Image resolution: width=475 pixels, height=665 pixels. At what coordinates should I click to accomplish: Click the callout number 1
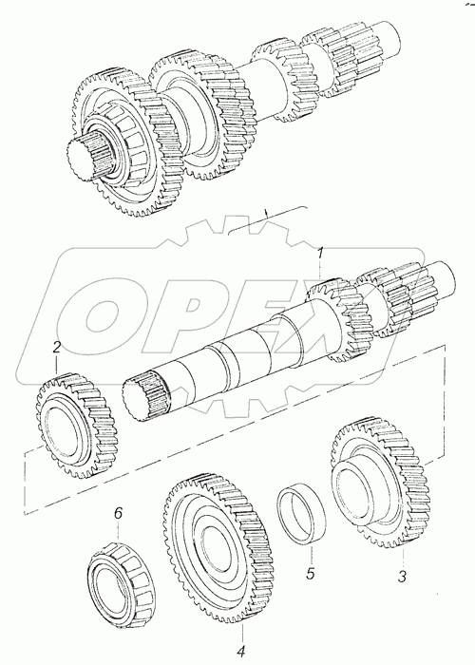tap(321, 255)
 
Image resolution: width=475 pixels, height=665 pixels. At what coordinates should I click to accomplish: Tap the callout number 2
tap(57, 348)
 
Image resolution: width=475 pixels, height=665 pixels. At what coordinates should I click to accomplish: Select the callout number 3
tap(402, 576)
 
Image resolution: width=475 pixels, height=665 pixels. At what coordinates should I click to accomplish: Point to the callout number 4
tap(241, 650)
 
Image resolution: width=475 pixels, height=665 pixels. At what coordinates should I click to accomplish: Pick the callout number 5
tap(311, 574)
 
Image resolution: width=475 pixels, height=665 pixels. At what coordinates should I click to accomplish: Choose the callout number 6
tap(119, 513)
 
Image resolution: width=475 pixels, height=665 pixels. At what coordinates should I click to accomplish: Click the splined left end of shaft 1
tap(144, 396)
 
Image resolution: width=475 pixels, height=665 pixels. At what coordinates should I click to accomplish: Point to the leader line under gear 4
tap(243, 631)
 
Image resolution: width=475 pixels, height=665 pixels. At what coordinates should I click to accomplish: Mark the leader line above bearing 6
tap(119, 531)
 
